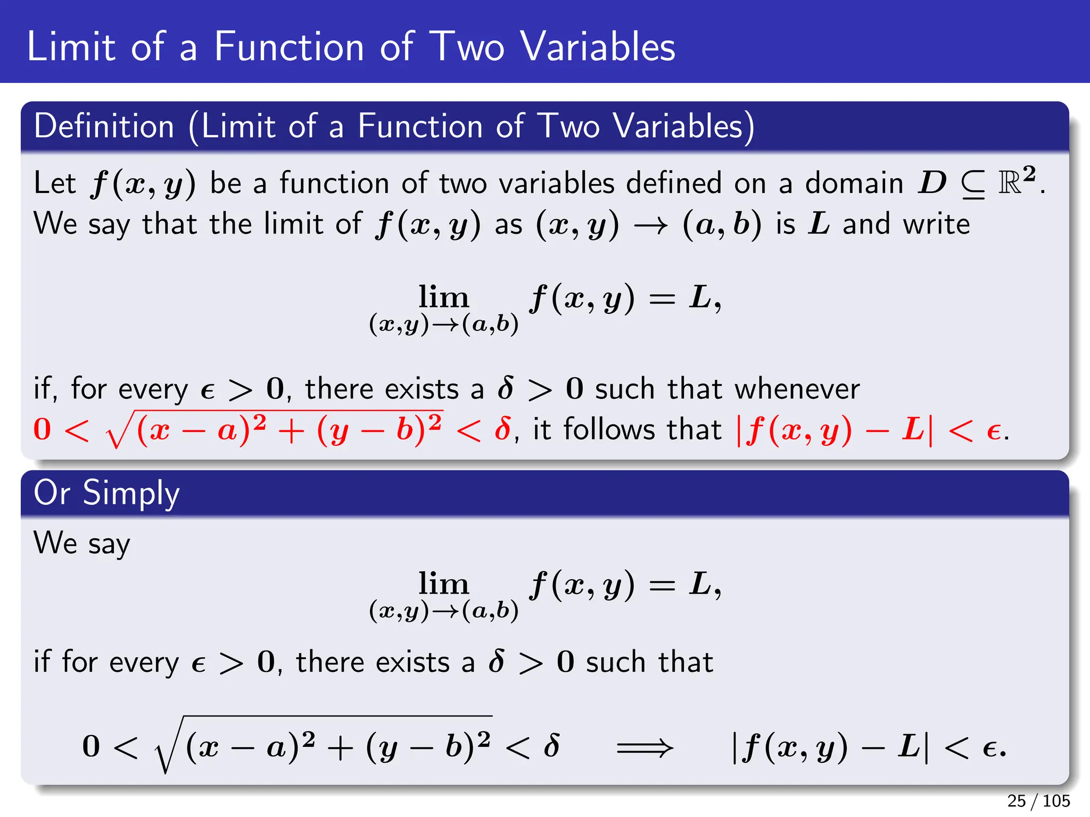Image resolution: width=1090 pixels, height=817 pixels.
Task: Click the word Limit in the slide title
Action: tap(71, 47)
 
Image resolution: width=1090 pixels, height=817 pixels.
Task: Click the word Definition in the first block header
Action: tap(104, 127)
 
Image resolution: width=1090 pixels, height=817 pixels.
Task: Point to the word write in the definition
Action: tap(936, 224)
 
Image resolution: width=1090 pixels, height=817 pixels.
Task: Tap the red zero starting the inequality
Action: tap(42, 429)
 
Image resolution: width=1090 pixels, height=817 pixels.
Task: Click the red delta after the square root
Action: tap(502, 429)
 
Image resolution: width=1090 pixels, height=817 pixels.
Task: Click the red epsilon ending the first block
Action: tap(993, 431)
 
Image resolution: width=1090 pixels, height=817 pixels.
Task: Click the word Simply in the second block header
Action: tap(131, 493)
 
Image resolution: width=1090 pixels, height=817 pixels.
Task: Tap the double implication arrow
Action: tap(645, 747)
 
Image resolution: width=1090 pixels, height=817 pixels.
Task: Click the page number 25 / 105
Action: tap(1038, 801)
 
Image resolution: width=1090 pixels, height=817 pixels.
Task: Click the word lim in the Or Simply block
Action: tap(443, 583)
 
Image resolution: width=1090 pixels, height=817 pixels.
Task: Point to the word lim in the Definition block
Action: tap(443, 297)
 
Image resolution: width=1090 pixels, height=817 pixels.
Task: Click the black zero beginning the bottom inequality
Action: tap(91, 746)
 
